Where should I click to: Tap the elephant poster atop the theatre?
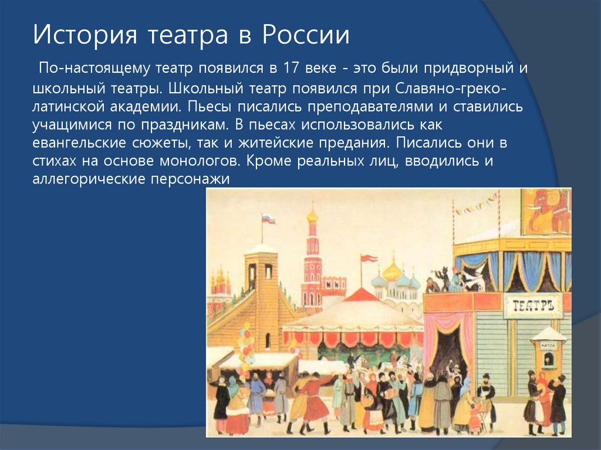point(546,211)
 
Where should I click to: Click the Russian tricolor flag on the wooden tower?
point(268,219)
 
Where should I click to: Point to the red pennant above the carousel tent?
point(369,259)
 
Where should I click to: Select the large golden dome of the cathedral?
point(392,271)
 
